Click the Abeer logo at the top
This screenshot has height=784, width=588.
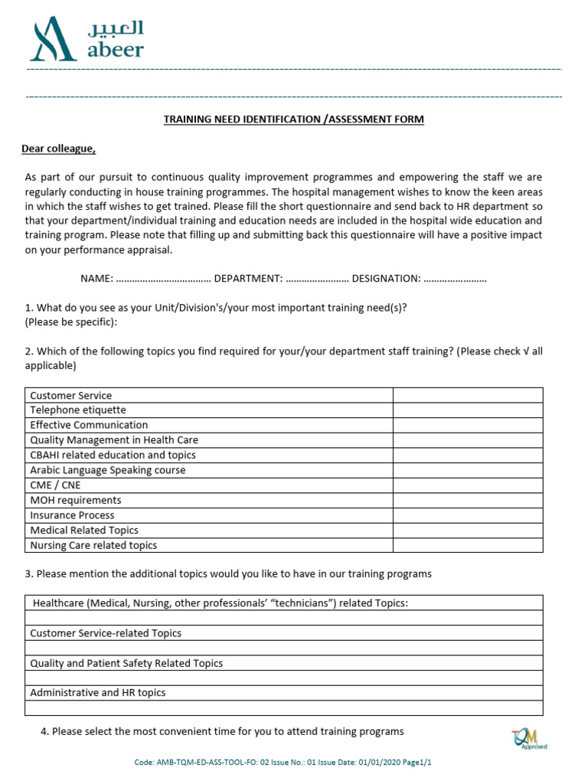click(86, 40)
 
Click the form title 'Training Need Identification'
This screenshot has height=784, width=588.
click(293, 119)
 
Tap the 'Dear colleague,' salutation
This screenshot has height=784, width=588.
click(58, 149)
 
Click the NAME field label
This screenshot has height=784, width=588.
click(97, 279)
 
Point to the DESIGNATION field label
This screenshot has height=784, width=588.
click(386, 279)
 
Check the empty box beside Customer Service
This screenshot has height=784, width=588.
click(468, 395)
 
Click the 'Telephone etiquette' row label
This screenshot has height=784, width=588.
click(78, 410)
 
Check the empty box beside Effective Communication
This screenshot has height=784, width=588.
click(468, 425)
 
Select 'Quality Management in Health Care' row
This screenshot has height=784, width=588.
click(114, 440)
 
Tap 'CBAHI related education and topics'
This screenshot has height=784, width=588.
click(113, 455)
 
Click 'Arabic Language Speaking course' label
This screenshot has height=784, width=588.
click(108, 470)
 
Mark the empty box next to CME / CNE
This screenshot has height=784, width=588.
click(468, 485)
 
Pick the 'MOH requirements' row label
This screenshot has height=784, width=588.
click(76, 500)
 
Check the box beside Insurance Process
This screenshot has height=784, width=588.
click(468, 515)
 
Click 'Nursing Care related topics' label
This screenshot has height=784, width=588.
click(93, 545)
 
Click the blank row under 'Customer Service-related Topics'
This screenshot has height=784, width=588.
click(284, 648)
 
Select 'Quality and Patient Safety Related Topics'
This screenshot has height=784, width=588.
click(126, 663)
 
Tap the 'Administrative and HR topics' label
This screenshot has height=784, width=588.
click(98, 692)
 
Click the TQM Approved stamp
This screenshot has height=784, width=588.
click(529, 739)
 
